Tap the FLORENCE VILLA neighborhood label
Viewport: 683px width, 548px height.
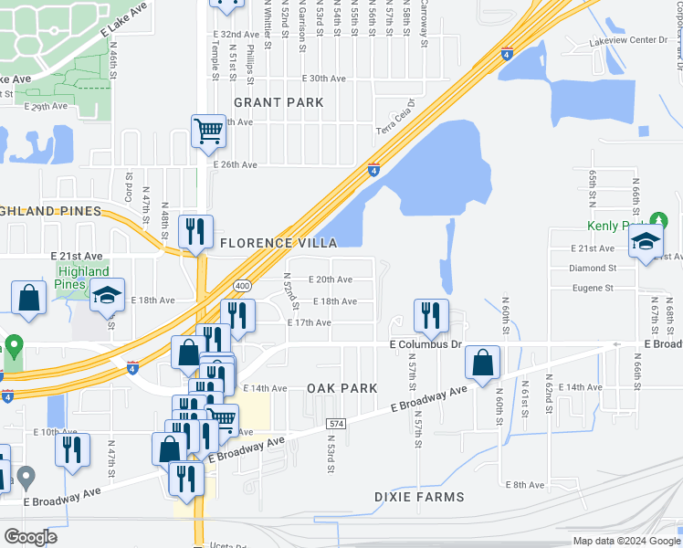(x=278, y=243)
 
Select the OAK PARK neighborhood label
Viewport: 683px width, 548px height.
(x=341, y=388)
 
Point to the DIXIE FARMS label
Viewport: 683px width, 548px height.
(x=419, y=497)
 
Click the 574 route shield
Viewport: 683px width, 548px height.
(x=336, y=424)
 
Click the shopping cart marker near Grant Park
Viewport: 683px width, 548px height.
(x=208, y=132)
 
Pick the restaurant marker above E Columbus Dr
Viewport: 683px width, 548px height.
(x=430, y=316)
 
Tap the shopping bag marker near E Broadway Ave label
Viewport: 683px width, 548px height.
(x=482, y=363)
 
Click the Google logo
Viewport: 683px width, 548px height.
(x=30, y=537)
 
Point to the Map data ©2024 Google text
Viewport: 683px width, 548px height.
(x=625, y=541)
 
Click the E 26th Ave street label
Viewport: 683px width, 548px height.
(x=236, y=165)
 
